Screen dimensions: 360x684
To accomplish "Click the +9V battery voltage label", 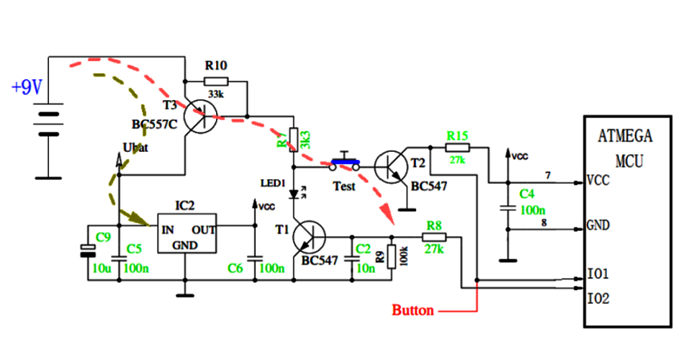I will (27, 88).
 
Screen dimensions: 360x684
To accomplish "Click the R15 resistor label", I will (457, 135).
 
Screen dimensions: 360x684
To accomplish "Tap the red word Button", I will (413, 311).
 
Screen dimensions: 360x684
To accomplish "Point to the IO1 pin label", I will (598, 274).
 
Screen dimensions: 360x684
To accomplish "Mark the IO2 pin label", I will (598, 298).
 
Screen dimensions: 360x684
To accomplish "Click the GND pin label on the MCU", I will (598, 225).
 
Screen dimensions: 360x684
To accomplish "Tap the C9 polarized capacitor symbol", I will (88, 250).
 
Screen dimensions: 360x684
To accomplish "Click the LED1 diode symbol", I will (294, 194).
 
